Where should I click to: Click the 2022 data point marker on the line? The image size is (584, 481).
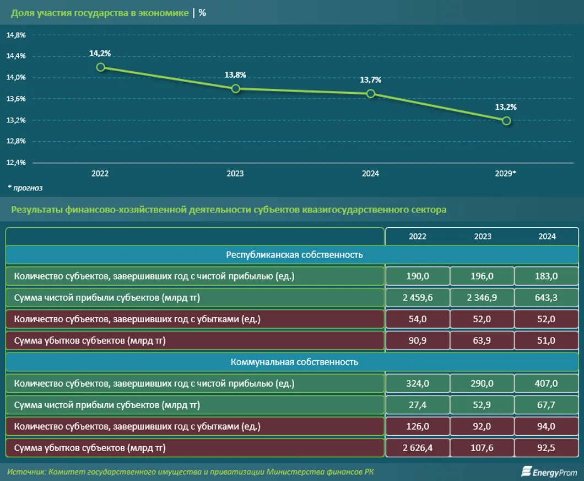[x=100, y=67]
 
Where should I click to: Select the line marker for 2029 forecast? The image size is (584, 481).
[x=506, y=121]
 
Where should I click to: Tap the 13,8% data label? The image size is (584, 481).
[x=235, y=75]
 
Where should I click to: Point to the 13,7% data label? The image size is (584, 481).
[x=371, y=80]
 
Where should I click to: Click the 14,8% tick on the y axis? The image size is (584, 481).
[x=16, y=35]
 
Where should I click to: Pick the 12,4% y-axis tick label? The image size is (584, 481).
[x=16, y=163]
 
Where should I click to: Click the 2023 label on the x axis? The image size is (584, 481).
[x=235, y=174]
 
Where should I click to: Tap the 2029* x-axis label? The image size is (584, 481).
[x=506, y=174]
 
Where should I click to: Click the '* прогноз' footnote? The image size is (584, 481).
[x=25, y=188]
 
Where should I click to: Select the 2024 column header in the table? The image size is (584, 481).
[x=547, y=236]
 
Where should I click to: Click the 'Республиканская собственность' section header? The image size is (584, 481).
[x=294, y=255]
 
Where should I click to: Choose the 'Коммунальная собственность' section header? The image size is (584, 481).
[x=294, y=362]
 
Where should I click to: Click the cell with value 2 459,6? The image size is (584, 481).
[x=418, y=298]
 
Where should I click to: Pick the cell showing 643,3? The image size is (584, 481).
[x=547, y=298]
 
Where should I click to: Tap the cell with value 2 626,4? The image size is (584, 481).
[x=418, y=448]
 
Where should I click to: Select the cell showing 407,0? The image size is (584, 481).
[x=547, y=383]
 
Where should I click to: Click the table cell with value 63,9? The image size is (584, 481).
[x=483, y=341]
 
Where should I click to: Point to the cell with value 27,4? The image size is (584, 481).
[x=418, y=405]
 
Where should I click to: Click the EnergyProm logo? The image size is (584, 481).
[x=549, y=472]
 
